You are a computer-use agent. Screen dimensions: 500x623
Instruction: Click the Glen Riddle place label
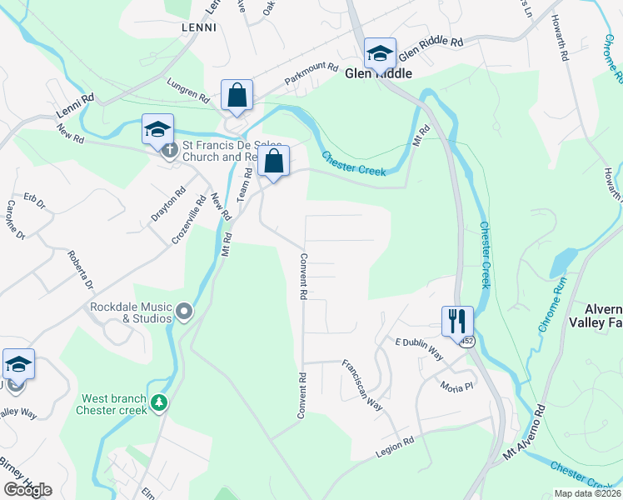coord(379,73)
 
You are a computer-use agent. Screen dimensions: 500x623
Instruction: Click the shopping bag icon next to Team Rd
coord(274,162)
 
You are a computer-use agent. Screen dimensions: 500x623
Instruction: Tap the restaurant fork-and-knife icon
coord(457,320)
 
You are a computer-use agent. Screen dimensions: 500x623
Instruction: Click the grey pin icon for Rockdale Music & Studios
coord(184,312)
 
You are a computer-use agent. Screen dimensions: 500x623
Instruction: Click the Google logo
coord(27,489)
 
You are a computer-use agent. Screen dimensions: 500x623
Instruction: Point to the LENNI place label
coord(198,27)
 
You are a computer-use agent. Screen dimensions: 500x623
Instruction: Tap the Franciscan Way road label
coord(362,386)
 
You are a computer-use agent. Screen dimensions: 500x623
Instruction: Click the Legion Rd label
coord(395,447)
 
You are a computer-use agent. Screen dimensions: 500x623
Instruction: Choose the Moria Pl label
coord(457,387)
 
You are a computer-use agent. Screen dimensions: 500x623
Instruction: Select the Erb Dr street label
coord(33,200)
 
